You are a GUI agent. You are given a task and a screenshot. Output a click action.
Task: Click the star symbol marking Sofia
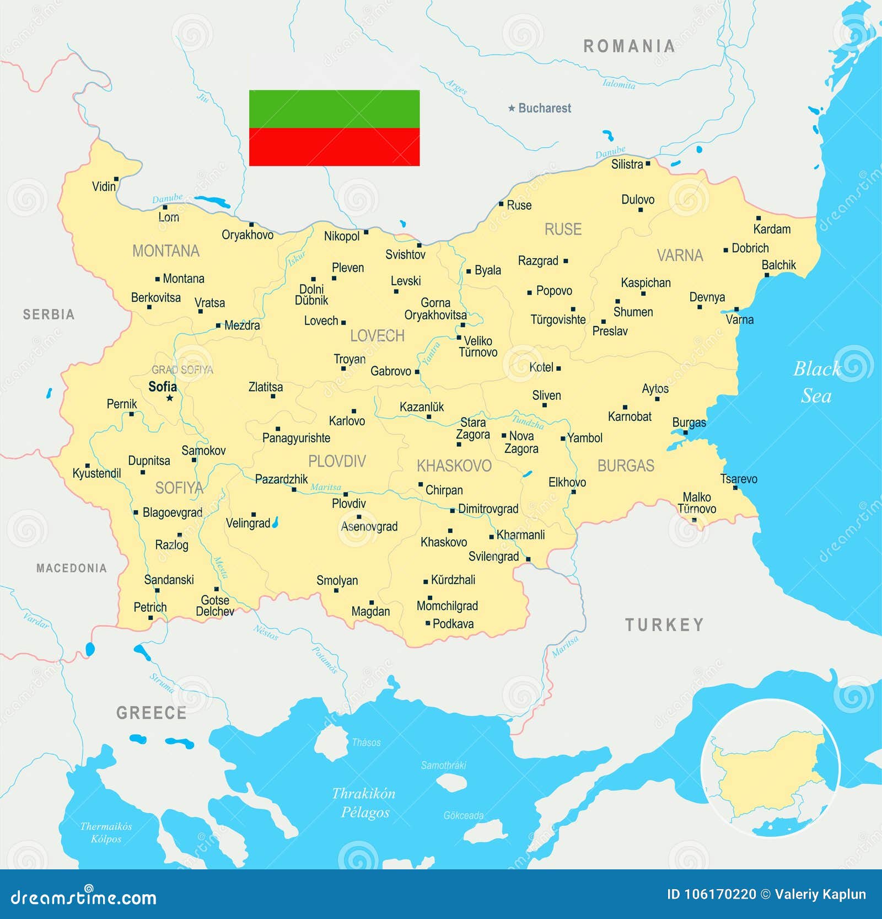pyautogui.click(x=170, y=398)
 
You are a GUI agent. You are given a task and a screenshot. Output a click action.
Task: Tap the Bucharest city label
pyautogui.click(x=544, y=108)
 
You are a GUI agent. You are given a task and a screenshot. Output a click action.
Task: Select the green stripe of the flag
pyautogui.click(x=334, y=109)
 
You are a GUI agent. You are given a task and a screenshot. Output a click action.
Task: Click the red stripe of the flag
pyautogui.click(x=334, y=147)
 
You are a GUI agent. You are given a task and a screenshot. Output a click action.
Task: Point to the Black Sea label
pyautogui.click(x=816, y=382)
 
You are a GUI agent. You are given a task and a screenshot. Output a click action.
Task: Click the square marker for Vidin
pyautogui.click(x=116, y=179)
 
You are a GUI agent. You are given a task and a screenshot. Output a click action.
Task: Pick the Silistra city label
pyautogui.click(x=627, y=164)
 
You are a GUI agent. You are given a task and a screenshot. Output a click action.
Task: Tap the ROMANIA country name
pyautogui.click(x=629, y=46)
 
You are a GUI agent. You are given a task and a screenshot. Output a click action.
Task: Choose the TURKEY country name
pyautogui.click(x=664, y=625)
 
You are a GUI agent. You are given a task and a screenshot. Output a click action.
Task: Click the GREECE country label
pyautogui.click(x=151, y=713)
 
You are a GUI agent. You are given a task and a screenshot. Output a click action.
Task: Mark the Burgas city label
pyautogui.click(x=689, y=423)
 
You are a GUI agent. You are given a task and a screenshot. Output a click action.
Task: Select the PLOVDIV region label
pyautogui.click(x=337, y=461)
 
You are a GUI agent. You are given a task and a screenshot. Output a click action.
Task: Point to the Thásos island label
pyautogui.click(x=366, y=742)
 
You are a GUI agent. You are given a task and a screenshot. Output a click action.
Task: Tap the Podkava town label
pyautogui.click(x=453, y=624)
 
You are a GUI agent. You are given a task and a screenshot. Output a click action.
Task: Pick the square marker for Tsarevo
pyautogui.click(x=735, y=488)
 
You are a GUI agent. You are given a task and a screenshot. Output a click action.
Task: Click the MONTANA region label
pyautogui.click(x=165, y=251)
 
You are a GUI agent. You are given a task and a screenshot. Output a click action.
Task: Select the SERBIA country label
pyautogui.click(x=49, y=314)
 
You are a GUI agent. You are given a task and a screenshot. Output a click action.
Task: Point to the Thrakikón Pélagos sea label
pyautogui.click(x=364, y=803)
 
